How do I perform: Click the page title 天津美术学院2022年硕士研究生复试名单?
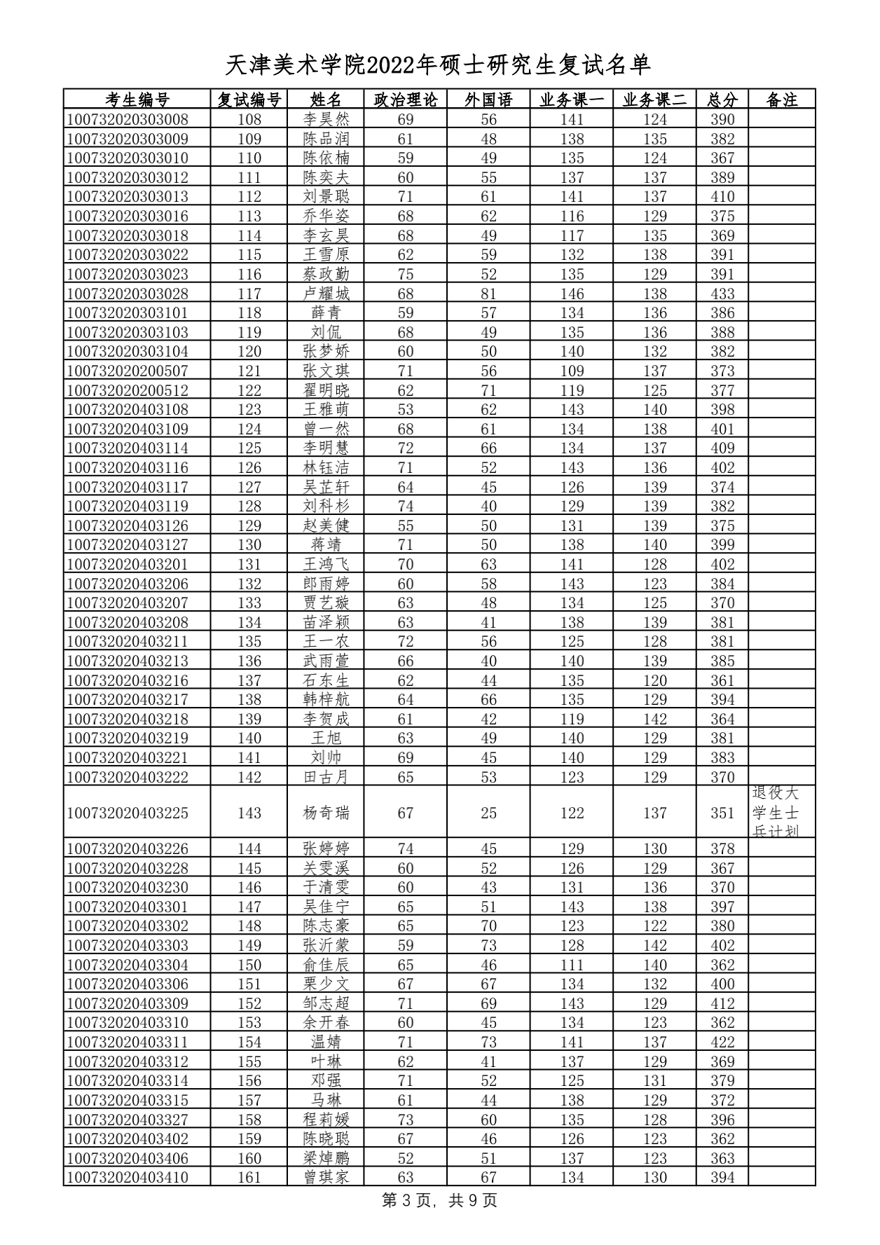pos(439,65)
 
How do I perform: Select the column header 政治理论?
pos(405,99)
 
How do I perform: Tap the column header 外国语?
pos(488,99)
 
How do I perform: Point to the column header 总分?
pos(722,99)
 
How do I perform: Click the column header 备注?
pos(781,99)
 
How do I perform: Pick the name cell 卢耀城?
pos(326,294)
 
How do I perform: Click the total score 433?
pos(722,294)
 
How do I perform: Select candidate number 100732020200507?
pos(128,371)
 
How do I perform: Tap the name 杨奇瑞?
pos(326,813)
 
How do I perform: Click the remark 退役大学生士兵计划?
pos(775,812)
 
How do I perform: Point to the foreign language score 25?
pos(488,813)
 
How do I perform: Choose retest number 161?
pos(249,1177)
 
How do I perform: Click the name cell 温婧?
pos(326,1042)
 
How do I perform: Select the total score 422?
pos(722,1042)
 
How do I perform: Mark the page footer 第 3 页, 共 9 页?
pos(439,1200)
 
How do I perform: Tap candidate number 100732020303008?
pos(128,119)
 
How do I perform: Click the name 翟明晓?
pos(326,390)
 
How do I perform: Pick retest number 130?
pos(249,544)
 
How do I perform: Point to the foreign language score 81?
pos(488,294)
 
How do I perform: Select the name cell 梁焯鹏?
pos(326,1158)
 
